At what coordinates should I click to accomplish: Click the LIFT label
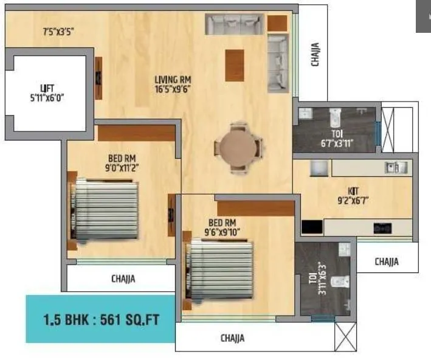pos(47,88)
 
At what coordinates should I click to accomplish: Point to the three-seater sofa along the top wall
pos(233,24)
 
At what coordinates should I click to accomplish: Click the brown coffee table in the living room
pos(235,65)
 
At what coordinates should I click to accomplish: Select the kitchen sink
pos(395,167)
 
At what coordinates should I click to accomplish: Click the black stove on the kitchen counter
pos(382,229)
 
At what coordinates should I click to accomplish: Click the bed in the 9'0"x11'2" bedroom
pos(105,210)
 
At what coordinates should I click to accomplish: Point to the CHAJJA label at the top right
pos(315,54)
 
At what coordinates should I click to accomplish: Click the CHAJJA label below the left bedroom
pos(123,279)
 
